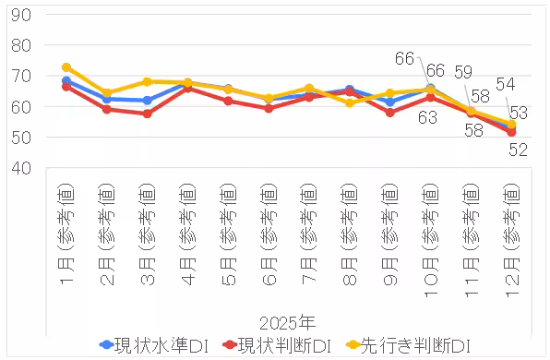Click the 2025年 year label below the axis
(x=288, y=323)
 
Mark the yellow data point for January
(x=66, y=67)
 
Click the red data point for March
(x=147, y=114)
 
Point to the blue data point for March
(x=147, y=100)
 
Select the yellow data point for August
(x=349, y=102)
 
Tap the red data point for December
(x=510, y=132)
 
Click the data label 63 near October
(x=428, y=117)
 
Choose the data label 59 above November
(x=464, y=71)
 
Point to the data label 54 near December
(x=506, y=84)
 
